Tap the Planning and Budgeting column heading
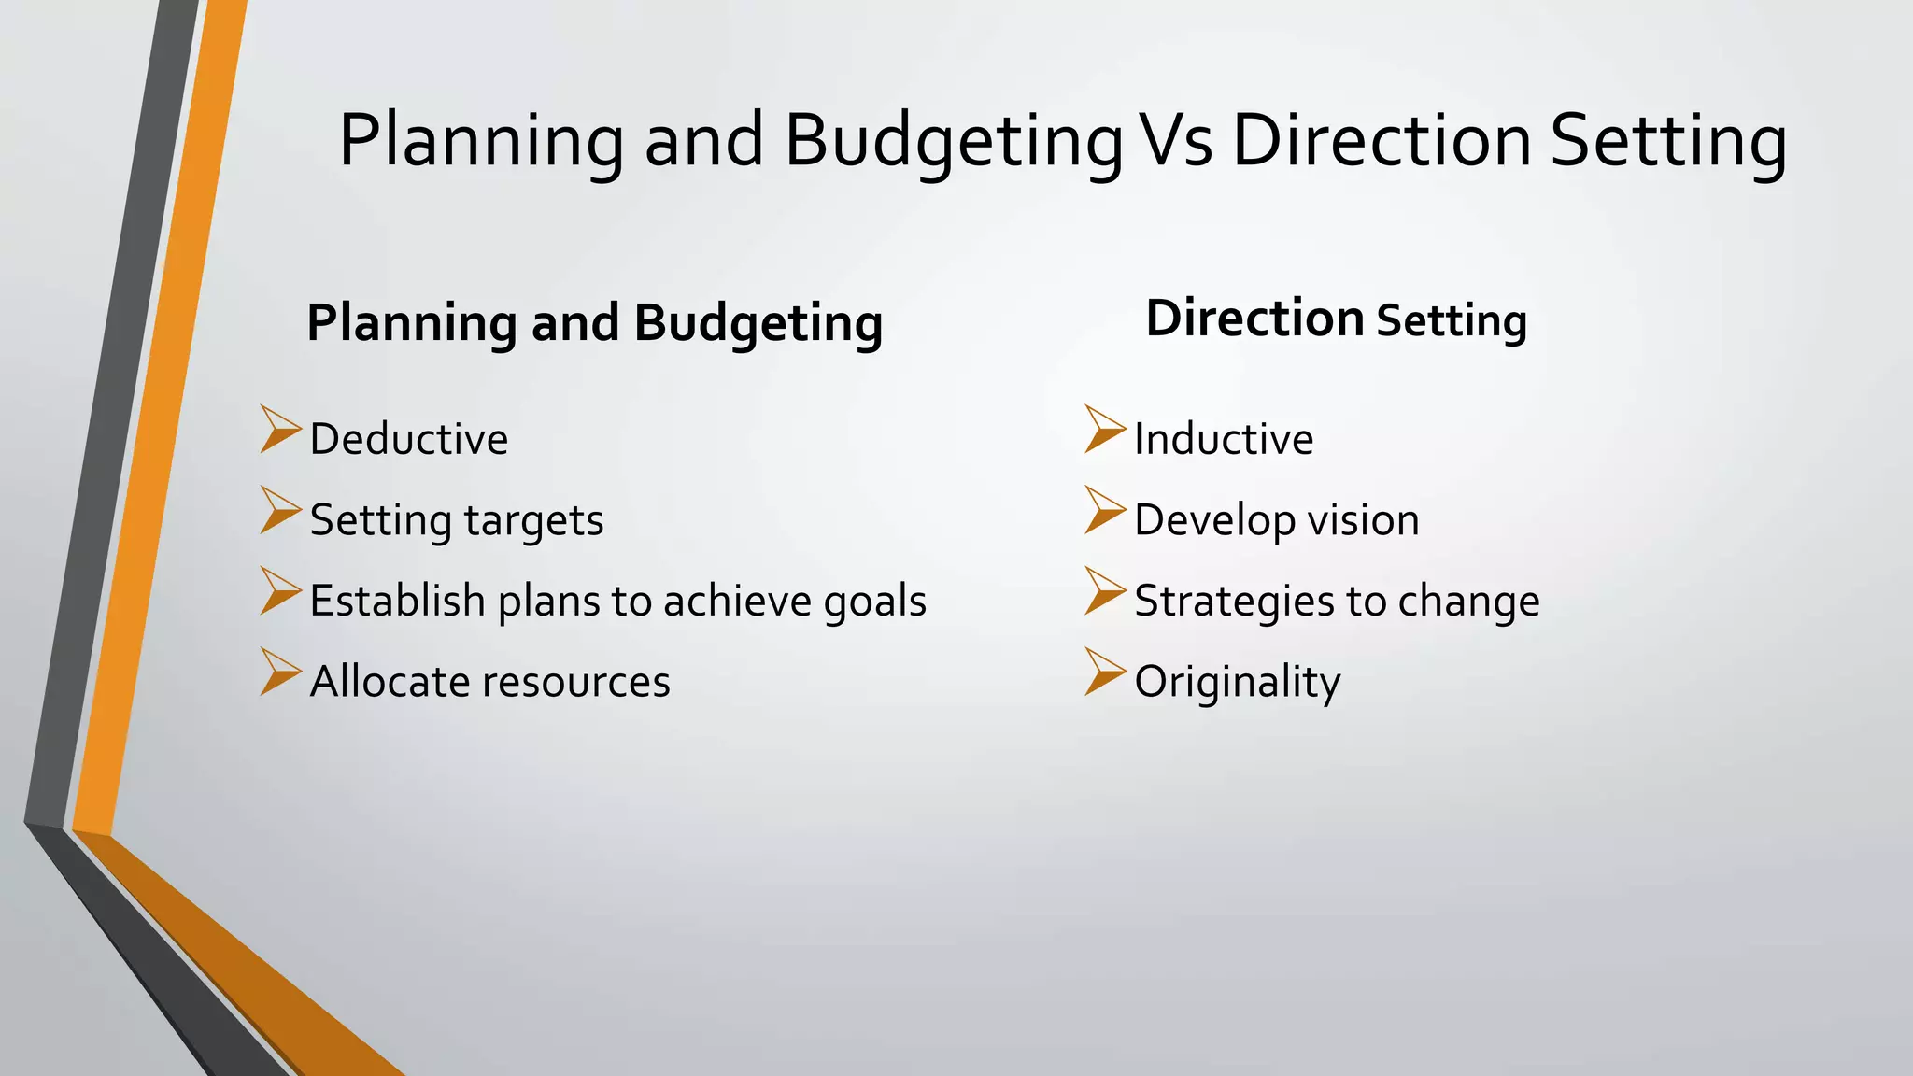pos(594,323)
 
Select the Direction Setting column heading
pos(1336,319)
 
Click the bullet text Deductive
pos(408,439)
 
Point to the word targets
pos(533,521)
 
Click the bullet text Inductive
pos(1224,439)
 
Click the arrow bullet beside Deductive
pos(279,430)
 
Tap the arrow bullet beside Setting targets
pos(279,510)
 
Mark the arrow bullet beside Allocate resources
pos(279,672)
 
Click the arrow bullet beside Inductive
pos(1104,430)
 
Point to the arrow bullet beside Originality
pos(1104,672)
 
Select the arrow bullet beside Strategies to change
pos(1104,591)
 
